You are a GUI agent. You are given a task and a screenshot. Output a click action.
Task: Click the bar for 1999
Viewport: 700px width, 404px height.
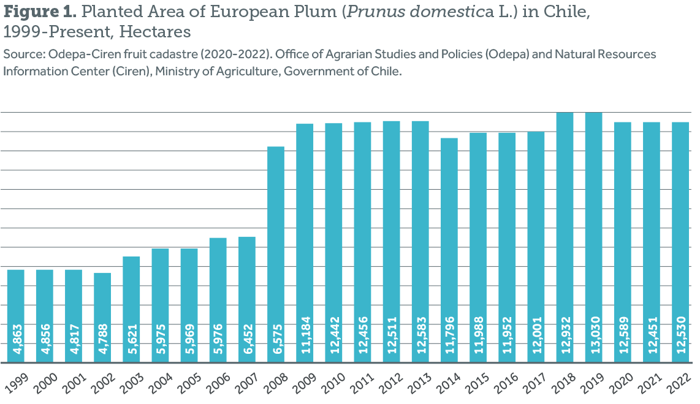[15, 315]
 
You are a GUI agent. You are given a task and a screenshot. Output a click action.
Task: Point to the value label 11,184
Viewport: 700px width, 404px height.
[305, 336]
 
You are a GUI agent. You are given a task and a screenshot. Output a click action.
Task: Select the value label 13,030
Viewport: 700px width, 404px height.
[593, 336]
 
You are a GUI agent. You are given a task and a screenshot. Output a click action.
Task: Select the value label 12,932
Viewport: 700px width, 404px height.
[565, 336]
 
